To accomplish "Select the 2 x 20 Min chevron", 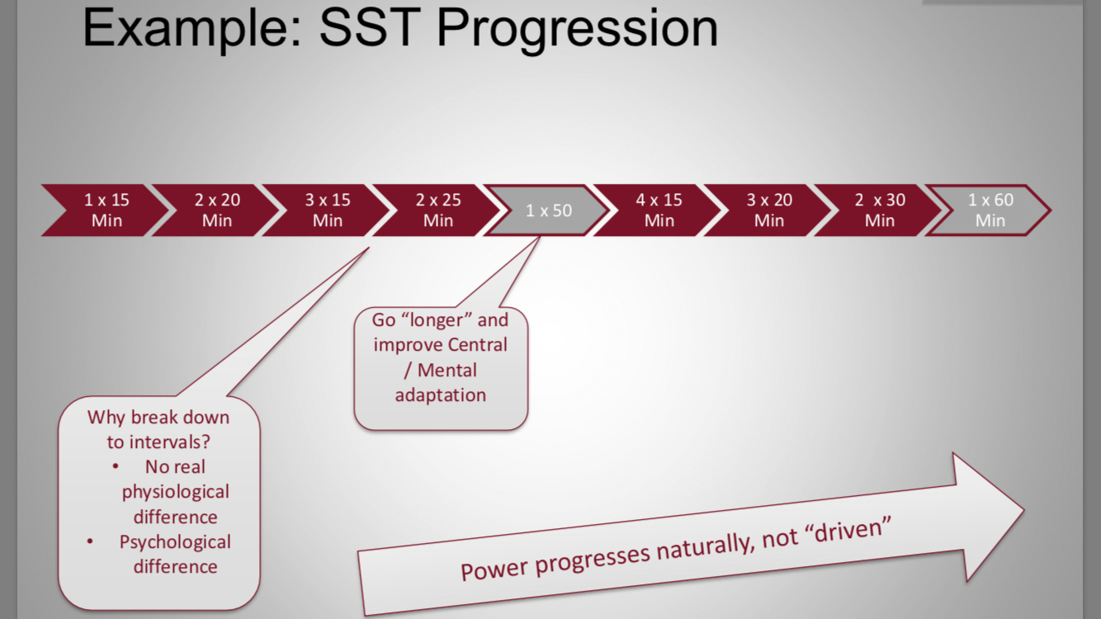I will (x=217, y=210).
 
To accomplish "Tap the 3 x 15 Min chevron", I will (x=328, y=210).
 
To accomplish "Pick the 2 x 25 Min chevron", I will (x=438, y=210).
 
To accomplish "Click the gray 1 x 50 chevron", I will (x=549, y=210).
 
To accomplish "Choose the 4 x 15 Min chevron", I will (x=659, y=210).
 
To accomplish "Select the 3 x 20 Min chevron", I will (x=769, y=210).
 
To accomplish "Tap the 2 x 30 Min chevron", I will (x=880, y=210).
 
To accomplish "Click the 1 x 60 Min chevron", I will (x=990, y=210).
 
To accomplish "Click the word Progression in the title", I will (x=577, y=29).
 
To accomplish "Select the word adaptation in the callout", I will (x=440, y=395).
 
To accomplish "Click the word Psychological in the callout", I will (x=175, y=542).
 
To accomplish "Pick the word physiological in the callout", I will (x=176, y=492).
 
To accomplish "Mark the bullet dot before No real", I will (x=115, y=466).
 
